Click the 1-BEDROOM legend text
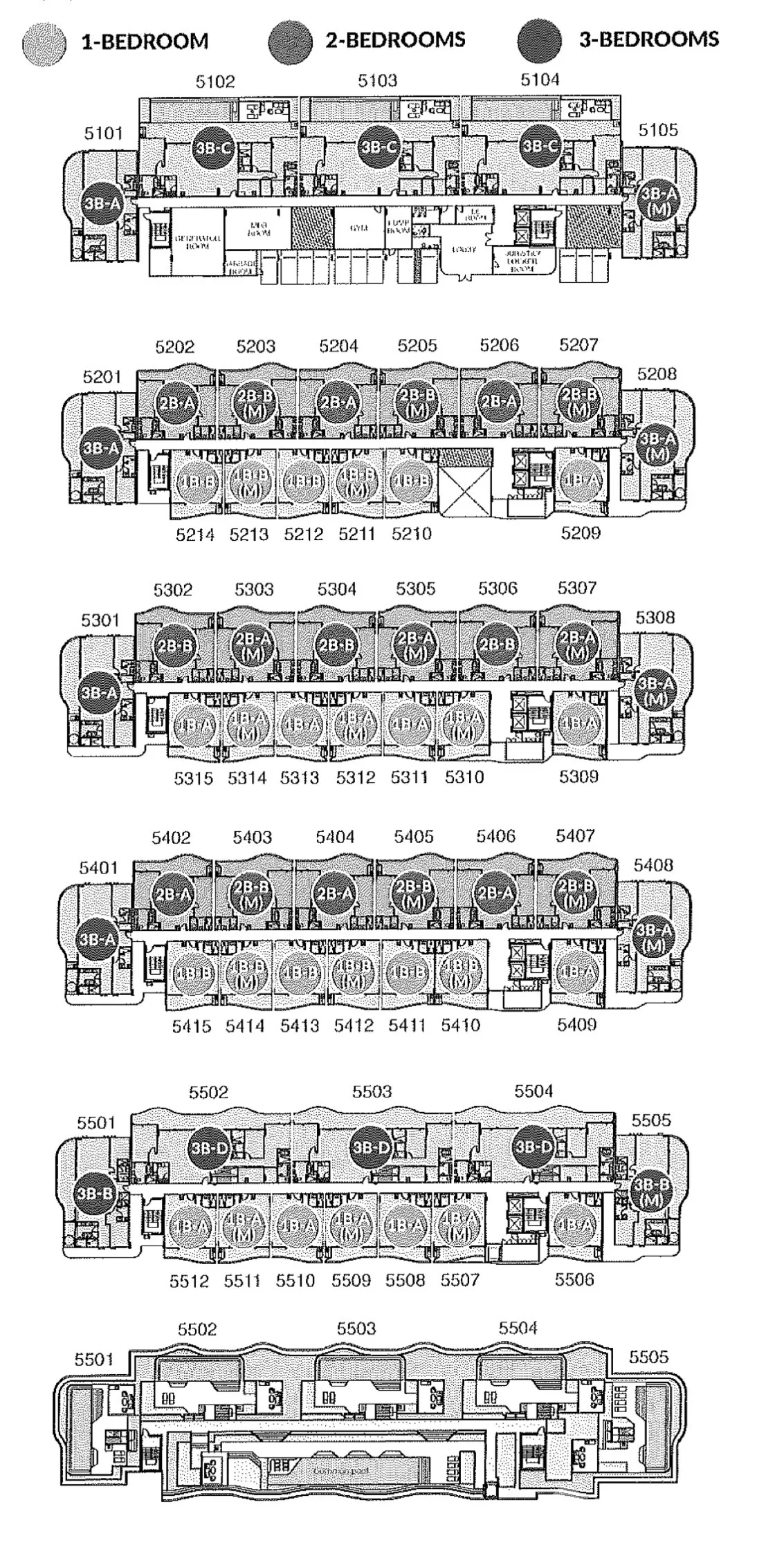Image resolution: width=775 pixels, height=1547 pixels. click(x=145, y=41)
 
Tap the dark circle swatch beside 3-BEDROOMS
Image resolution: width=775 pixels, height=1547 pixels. click(x=540, y=40)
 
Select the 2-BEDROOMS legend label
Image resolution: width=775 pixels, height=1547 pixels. click(x=395, y=40)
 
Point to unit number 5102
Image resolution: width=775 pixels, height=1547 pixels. click(x=215, y=82)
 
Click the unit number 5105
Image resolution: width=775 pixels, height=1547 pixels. click(x=658, y=129)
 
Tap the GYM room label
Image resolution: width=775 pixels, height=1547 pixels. click(x=358, y=229)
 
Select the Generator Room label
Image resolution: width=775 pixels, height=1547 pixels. click(x=197, y=241)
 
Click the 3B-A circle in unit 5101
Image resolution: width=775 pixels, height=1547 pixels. click(x=102, y=203)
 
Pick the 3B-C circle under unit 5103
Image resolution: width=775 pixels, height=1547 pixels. click(x=378, y=147)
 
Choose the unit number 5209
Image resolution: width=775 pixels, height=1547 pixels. click(x=581, y=533)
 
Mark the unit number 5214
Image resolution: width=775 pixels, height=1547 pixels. click(x=195, y=535)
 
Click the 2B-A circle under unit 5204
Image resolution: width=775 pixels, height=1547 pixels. click(x=338, y=402)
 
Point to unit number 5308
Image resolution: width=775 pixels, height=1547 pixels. click(x=655, y=617)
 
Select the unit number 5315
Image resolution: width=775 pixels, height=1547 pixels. click(x=193, y=778)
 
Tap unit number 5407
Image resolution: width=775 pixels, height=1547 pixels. click(x=575, y=836)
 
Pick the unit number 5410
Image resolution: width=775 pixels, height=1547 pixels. click(x=460, y=1025)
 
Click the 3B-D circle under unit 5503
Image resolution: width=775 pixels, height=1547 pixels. click(x=372, y=1148)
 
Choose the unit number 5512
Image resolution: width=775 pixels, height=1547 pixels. click(x=189, y=1281)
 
